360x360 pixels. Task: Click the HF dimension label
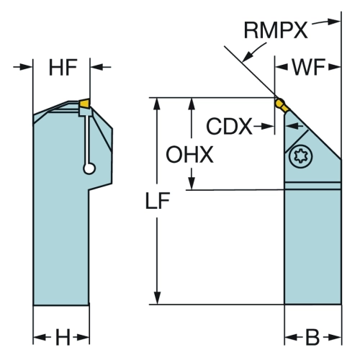point(63,68)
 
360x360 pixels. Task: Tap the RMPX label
point(276,30)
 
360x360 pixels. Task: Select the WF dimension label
point(309,67)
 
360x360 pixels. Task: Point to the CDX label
point(229,126)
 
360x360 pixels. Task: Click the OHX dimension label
point(189,155)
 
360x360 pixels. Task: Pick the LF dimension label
point(158,201)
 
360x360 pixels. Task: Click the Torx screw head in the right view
point(301,156)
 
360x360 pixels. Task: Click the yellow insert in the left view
point(84,103)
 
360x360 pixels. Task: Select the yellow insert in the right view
point(282,105)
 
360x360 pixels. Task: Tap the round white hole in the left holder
point(89,168)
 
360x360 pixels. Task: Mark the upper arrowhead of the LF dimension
point(157,104)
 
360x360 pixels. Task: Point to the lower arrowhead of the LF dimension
point(157,298)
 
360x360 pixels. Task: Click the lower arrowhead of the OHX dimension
point(192,184)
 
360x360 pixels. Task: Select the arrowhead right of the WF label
point(335,67)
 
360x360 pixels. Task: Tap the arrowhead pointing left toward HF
point(96,67)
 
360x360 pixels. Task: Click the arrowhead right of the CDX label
point(268,126)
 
